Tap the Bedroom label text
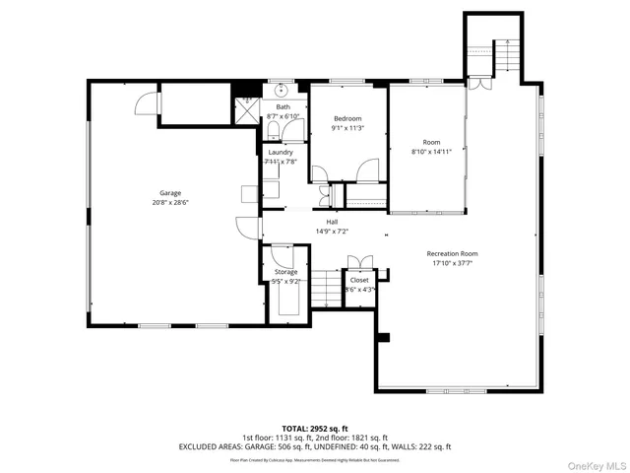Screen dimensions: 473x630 pyautogui.click(x=346, y=118)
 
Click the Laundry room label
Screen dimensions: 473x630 pyautogui.click(x=281, y=153)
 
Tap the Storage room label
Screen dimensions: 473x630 pyautogui.click(x=285, y=271)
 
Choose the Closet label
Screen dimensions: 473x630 pyautogui.click(x=359, y=280)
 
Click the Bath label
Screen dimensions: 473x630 pyautogui.click(x=283, y=107)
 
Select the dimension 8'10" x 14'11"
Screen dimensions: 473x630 pyautogui.click(x=431, y=151)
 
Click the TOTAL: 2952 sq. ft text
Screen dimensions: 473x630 pyautogui.click(x=314, y=429)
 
